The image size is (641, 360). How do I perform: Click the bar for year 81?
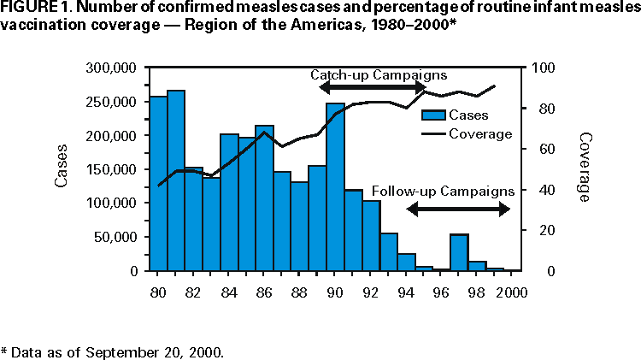pos(176,180)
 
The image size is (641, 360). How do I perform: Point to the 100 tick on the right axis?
pos(544,68)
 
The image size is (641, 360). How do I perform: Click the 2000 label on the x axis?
pos(513,292)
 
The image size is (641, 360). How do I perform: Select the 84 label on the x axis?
pos(228,292)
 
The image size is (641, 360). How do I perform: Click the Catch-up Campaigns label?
pos(378,74)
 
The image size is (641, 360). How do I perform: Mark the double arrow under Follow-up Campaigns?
pos(458,208)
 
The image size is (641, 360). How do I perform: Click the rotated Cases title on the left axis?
pos(62,169)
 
